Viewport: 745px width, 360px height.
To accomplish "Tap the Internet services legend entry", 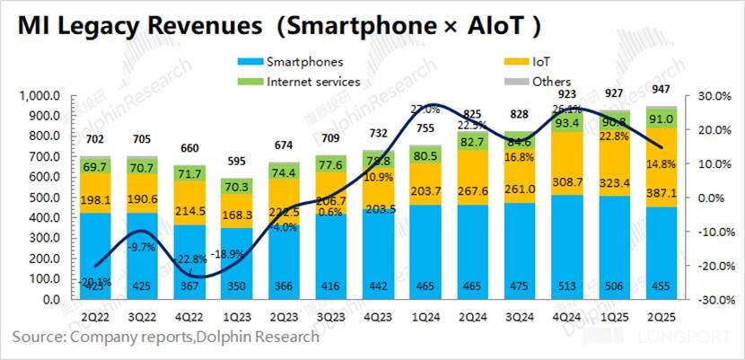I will click(x=312, y=81).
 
